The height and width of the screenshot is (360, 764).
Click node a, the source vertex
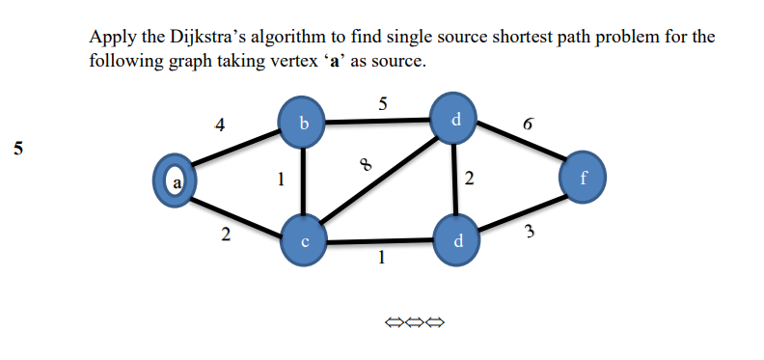click(x=176, y=181)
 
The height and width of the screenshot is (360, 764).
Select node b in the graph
click(x=304, y=123)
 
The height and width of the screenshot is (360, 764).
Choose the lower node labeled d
click(x=457, y=238)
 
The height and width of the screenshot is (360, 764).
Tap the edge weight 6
click(x=527, y=125)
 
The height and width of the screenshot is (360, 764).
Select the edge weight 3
click(x=530, y=230)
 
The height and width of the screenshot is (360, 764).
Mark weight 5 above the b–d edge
click(x=383, y=104)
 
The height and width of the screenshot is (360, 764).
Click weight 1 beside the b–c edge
click(x=280, y=178)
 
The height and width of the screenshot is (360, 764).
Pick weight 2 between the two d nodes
click(x=469, y=178)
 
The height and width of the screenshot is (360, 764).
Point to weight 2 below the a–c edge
click(x=224, y=235)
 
